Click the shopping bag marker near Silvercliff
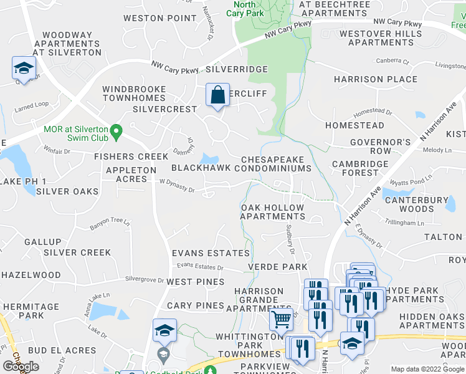[217, 95]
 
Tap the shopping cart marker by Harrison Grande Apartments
[281, 320]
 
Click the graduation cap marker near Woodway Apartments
[24, 69]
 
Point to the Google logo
[21, 367]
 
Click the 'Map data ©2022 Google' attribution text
[427, 369]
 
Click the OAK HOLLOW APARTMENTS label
[273, 212]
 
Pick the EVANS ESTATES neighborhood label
[211, 253]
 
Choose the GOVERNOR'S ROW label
[380, 146]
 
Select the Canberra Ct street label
[392, 62]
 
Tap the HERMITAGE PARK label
[30, 311]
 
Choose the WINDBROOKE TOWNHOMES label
[134, 93]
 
